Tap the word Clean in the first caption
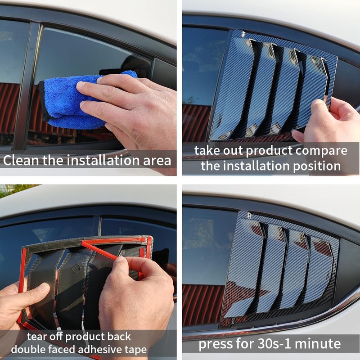point(21,160)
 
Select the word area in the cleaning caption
point(157,161)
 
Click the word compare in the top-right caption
point(321,151)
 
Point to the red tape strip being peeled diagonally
point(99,251)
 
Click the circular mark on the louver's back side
point(76,268)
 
